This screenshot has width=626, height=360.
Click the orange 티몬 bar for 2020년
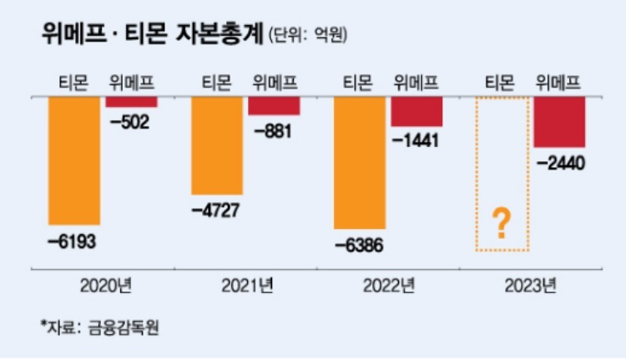point(74,160)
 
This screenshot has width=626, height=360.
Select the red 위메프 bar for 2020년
point(131,102)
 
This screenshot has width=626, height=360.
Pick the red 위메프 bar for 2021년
point(274,106)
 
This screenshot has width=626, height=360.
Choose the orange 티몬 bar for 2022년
point(360,163)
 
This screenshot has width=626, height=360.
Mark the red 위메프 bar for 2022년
point(416,112)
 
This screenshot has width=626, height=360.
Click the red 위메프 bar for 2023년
point(559,122)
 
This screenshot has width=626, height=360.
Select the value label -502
point(130,124)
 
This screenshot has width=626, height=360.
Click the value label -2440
point(558,164)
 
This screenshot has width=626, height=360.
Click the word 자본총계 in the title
point(220,34)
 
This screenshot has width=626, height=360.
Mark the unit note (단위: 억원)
point(309,35)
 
